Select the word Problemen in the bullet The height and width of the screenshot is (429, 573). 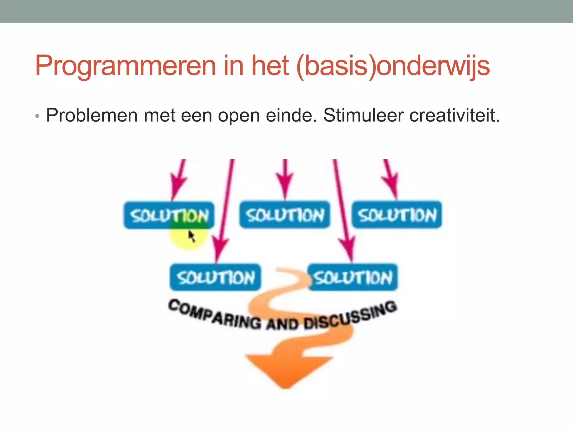point(92,115)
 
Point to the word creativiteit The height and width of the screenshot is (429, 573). point(454,115)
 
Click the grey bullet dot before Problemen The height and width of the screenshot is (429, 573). point(37,116)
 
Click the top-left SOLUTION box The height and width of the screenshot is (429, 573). point(169,215)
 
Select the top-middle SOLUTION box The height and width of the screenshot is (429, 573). point(285,215)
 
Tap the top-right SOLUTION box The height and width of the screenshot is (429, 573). point(397,215)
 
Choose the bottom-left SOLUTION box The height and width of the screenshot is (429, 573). point(215,277)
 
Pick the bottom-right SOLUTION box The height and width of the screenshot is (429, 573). point(353,277)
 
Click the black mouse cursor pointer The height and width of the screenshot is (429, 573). point(191,236)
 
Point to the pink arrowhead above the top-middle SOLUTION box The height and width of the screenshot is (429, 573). point(285,184)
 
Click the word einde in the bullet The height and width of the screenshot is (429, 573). point(291,115)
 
